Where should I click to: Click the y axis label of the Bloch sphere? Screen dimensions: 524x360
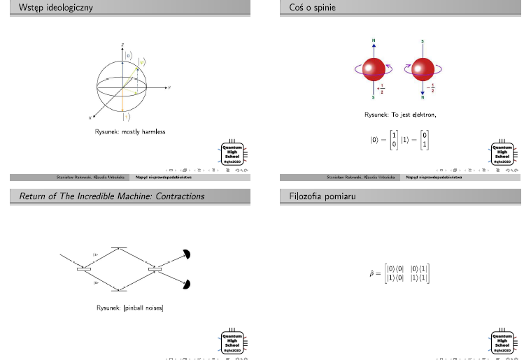[170, 87]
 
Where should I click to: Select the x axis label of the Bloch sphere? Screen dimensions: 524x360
[90, 117]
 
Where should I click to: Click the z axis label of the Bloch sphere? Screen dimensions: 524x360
[123, 45]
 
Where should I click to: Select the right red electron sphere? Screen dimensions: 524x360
[424, 69]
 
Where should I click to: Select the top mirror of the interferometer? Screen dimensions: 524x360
[120, 248]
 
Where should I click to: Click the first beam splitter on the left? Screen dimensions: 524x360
[85, 268]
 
